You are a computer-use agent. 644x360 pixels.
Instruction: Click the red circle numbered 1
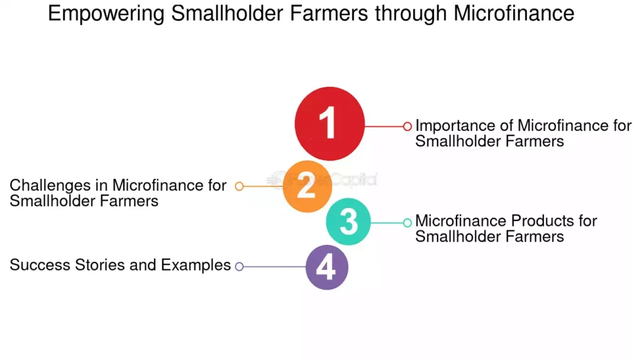[330, 123]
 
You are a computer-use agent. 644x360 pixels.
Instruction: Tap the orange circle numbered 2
[307, 186]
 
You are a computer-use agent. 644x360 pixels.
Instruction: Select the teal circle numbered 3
[348, 222]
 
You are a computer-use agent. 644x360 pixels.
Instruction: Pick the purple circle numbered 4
[327, 267]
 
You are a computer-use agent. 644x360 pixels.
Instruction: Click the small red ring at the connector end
[407, 127]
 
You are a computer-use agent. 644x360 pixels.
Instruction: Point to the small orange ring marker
[240, 186]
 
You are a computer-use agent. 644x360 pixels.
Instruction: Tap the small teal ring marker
[407, 223]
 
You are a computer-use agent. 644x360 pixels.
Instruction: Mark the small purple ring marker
[240, 267]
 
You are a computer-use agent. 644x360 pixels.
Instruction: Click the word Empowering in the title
[106, 14]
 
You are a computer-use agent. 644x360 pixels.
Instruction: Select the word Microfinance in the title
[514, 13]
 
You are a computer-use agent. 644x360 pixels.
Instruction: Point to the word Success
[40, 265]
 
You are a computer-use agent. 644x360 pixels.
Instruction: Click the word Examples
[196, 266]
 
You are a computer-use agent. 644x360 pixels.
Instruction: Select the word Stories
[100, 265]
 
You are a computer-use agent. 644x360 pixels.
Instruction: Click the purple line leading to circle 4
[275, 267]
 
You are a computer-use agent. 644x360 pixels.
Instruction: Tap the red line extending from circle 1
[384, 127]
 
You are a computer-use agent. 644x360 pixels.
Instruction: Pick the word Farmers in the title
[328, 13]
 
